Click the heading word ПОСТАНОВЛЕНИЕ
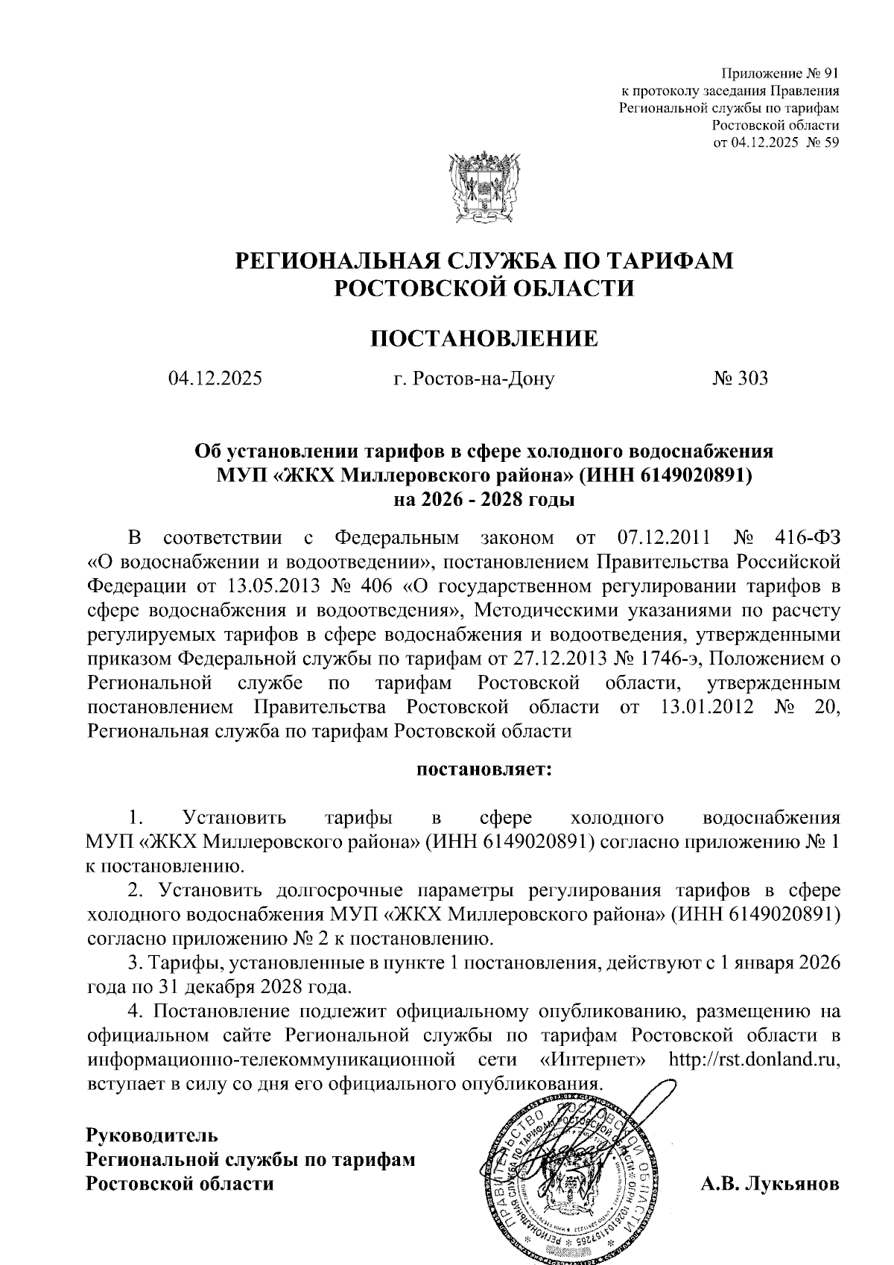484,338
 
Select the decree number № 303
740,379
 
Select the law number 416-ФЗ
807,537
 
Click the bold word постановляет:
484,768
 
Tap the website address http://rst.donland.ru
755,1059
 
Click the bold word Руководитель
153,1136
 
